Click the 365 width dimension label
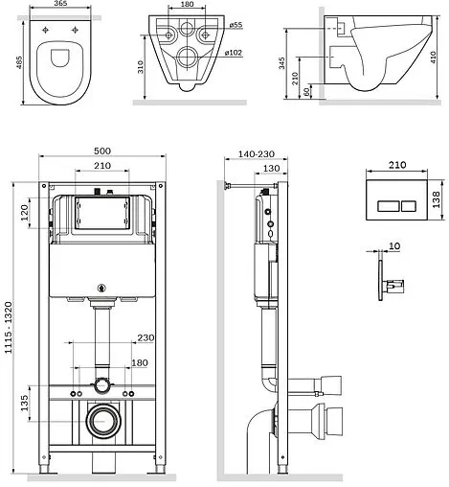(60, 3)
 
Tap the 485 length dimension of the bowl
(19, 62)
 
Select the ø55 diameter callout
(236, 25)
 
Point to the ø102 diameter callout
(233, 53)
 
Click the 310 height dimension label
(141, 67)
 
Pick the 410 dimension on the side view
(433, 58)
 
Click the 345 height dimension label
(281, 63)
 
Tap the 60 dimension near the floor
(306, 92)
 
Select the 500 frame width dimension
(102, 151)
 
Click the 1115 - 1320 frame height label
(9, 327)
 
